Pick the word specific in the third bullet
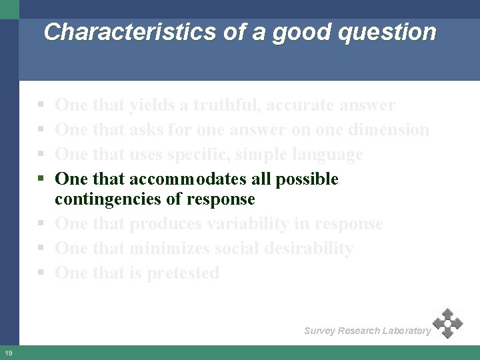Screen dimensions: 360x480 click(197, 154)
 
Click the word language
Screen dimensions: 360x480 click(325, 154)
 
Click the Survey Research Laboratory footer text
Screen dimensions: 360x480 click(367, 331)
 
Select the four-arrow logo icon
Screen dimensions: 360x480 click(448, 323)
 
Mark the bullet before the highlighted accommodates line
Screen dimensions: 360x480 click(41, 179)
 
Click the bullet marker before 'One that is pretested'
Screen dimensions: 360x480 click(41, 273)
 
